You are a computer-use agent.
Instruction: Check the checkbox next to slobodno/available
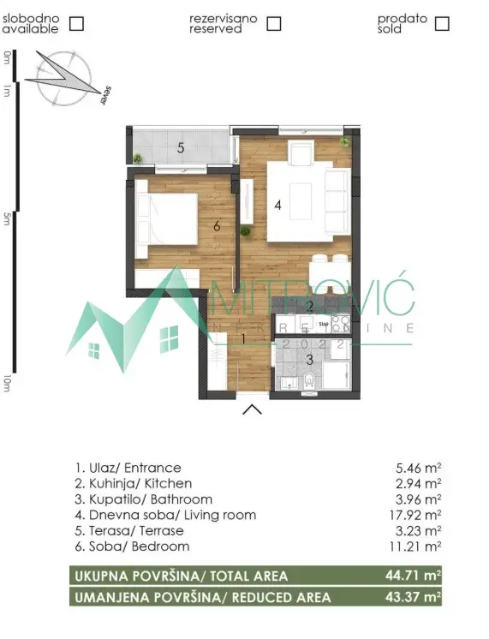coord(76,23)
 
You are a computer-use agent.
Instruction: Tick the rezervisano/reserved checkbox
coord(273,23)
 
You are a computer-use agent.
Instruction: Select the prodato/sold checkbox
coord(442,23)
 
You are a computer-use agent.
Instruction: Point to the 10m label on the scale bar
coord(8,383)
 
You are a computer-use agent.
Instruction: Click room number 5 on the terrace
coord(181,147)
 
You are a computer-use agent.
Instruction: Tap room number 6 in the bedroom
coord(218,226)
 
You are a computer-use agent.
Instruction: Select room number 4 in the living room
coord(277,205)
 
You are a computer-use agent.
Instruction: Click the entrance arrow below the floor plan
coord(252,409)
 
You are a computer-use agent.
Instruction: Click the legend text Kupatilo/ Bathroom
coord(143,499)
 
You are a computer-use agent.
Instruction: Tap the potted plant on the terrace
coord(138,158)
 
